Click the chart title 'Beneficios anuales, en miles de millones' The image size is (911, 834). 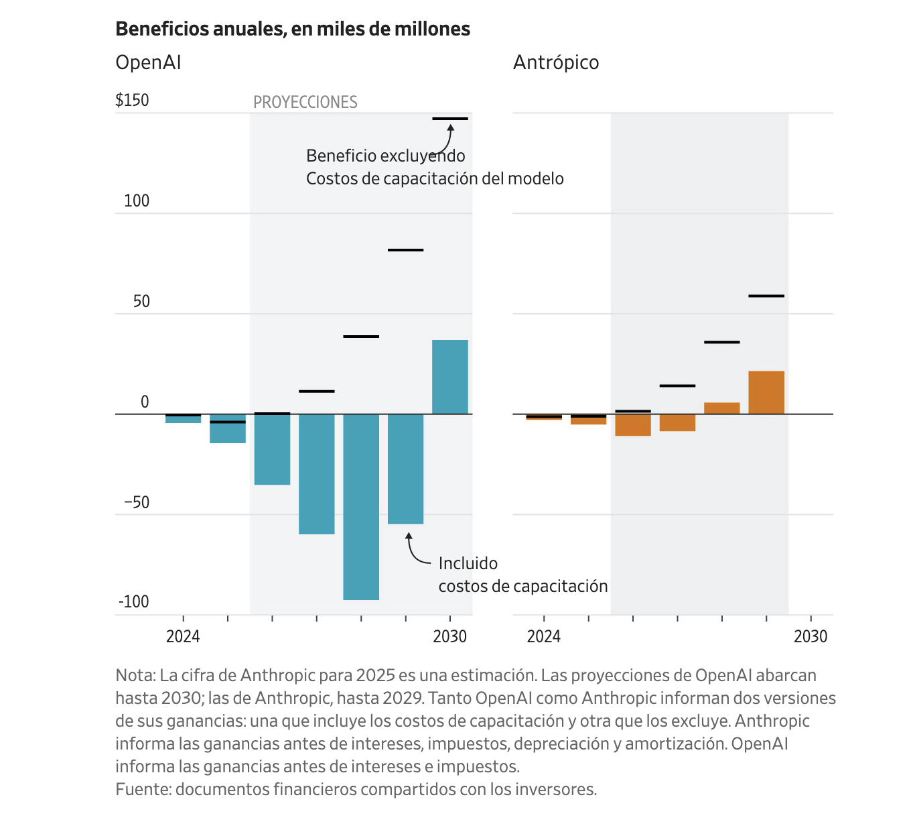tap(293, 29)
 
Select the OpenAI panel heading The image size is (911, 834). tap(148, 62)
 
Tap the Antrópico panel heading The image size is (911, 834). tap(556, 62)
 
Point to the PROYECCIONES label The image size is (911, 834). tap(305, 102)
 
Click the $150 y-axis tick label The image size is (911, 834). tap(132, 100)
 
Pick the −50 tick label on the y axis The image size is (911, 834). tap(137, 502)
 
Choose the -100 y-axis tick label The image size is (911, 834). tap(134, 601)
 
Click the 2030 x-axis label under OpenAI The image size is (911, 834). tap(449, 636)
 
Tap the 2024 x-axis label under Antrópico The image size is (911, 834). tap(543, 636)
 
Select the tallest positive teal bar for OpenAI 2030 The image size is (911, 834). tap(449, 377)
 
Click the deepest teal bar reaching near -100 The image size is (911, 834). tap(361, 507)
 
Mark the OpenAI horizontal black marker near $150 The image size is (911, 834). tap(449, 119)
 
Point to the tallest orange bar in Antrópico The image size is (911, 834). tap(766, 392)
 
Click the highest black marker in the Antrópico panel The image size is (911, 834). tap(766, 296)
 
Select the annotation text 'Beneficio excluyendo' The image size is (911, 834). tap(385, 156)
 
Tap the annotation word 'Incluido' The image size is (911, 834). tap(468, 563)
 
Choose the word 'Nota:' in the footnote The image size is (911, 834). tap(135, 675)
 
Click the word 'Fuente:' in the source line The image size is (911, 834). tap(143, 789)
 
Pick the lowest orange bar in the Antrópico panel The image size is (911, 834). tap(633, 425)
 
